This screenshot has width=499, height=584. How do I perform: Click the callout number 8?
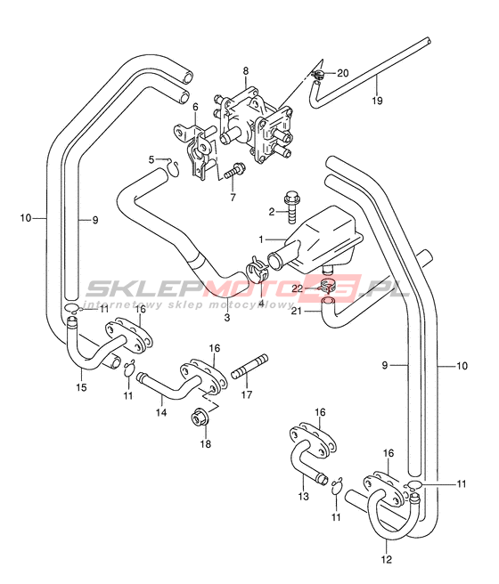(246, 70)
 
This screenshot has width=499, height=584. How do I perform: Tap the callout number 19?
(377, 101)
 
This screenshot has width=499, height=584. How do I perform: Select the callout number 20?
(342, 73)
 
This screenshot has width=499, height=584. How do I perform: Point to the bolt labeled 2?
(290, 207)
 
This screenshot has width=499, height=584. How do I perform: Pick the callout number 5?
(151, 159)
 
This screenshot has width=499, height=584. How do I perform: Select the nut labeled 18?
(200, 418)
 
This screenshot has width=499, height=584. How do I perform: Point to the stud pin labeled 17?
(250, 367)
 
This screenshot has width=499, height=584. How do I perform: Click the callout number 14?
(161, 412)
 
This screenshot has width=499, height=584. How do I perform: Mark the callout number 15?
(81, 387)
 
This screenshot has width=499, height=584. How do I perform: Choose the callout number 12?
(387, 559)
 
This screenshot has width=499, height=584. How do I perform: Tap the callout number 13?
(303, 496)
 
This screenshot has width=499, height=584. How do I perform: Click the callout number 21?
(296, 310)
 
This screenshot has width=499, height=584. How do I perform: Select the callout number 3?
(227, 318)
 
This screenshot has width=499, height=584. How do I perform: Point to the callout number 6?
(196, 107)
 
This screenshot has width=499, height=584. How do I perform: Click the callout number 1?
(261, 239)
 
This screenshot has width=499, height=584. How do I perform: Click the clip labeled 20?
(316, 74)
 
